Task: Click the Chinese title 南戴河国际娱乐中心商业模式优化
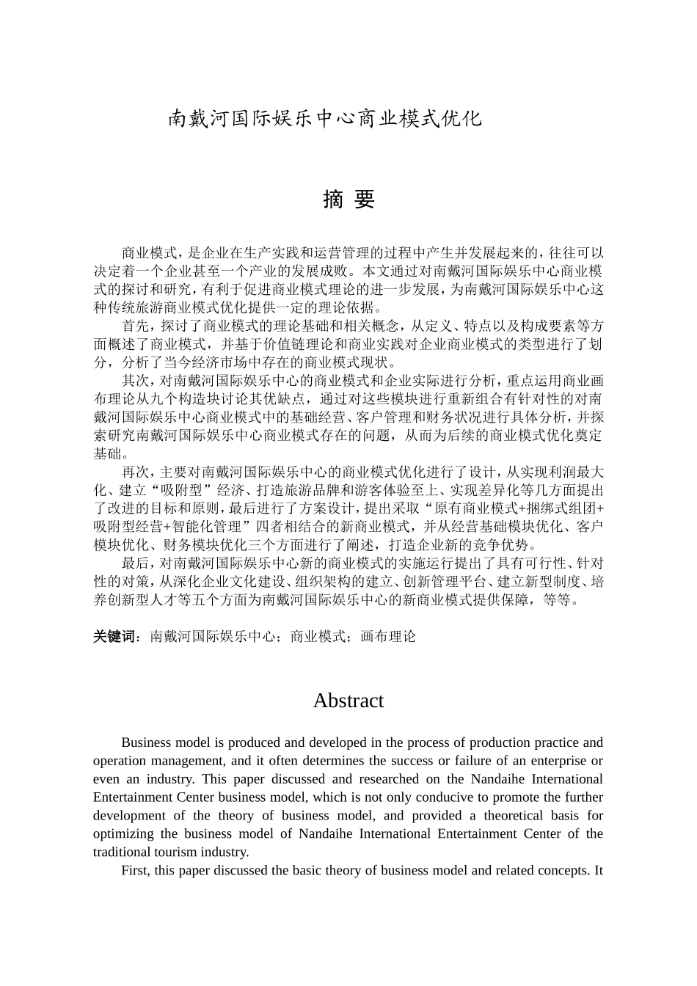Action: [326, 118]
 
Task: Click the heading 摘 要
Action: [348, 200]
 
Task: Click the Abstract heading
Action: [348, 701]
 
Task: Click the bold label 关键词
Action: [114, 637]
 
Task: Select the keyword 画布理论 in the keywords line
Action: [388, 637]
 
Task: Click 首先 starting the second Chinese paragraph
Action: [136, 326]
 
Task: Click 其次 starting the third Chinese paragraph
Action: [136, 381]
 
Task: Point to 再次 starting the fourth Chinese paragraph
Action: [136, 472]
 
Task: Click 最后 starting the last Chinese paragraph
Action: [136, 563]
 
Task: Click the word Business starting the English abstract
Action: [145, 742]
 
